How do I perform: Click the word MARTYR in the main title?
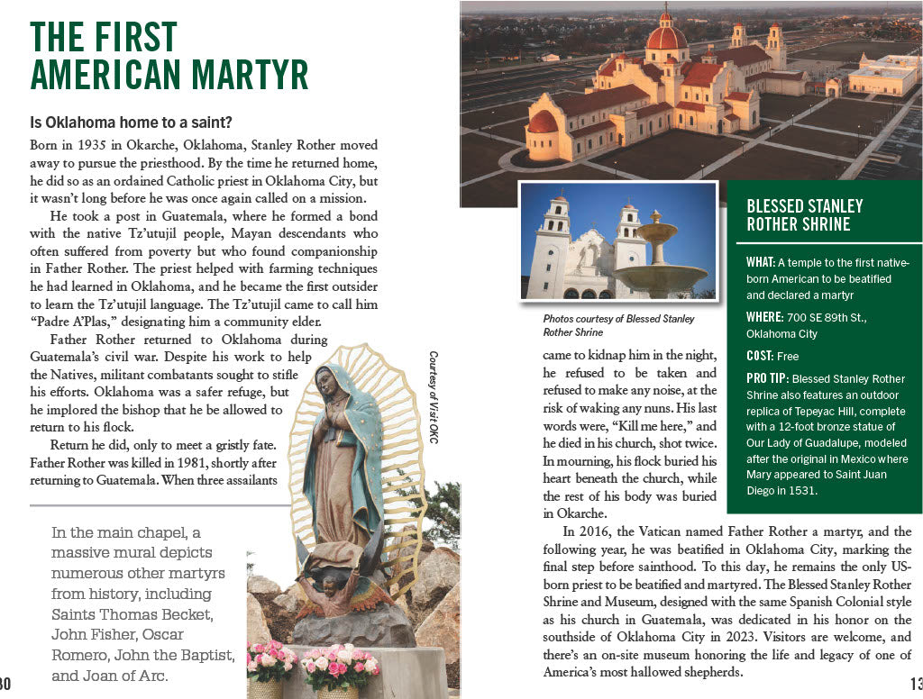[242, 73]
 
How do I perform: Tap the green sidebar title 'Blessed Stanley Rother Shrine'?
[805, 215]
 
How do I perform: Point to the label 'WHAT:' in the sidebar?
[761, 262]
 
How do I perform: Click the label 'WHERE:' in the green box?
[765, 317]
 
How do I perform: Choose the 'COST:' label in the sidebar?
[760, 356]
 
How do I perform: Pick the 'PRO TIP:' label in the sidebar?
[765, 378]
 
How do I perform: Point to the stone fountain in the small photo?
[661, 261]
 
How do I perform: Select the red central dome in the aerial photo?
[667, 36]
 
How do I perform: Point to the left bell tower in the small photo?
[549, 243]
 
